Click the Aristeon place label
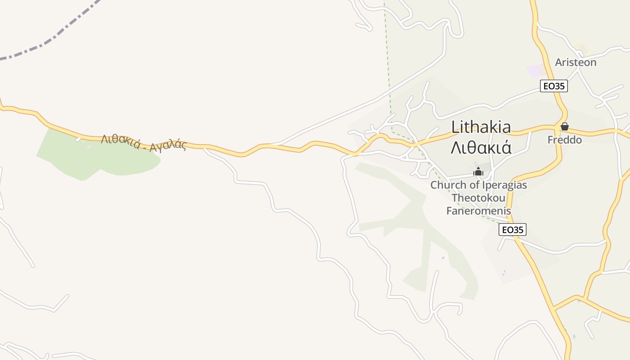point(576,63)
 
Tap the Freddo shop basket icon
point(565,126)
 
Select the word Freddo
point(564,140)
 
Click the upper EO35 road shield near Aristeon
point(553,86)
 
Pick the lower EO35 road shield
point(513,229)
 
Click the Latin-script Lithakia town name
point(481,127)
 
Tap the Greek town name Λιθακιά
point(481,148)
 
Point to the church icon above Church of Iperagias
point(478,171)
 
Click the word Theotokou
point(478,198)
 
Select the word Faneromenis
point(478,211)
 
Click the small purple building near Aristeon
point(536,70)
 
